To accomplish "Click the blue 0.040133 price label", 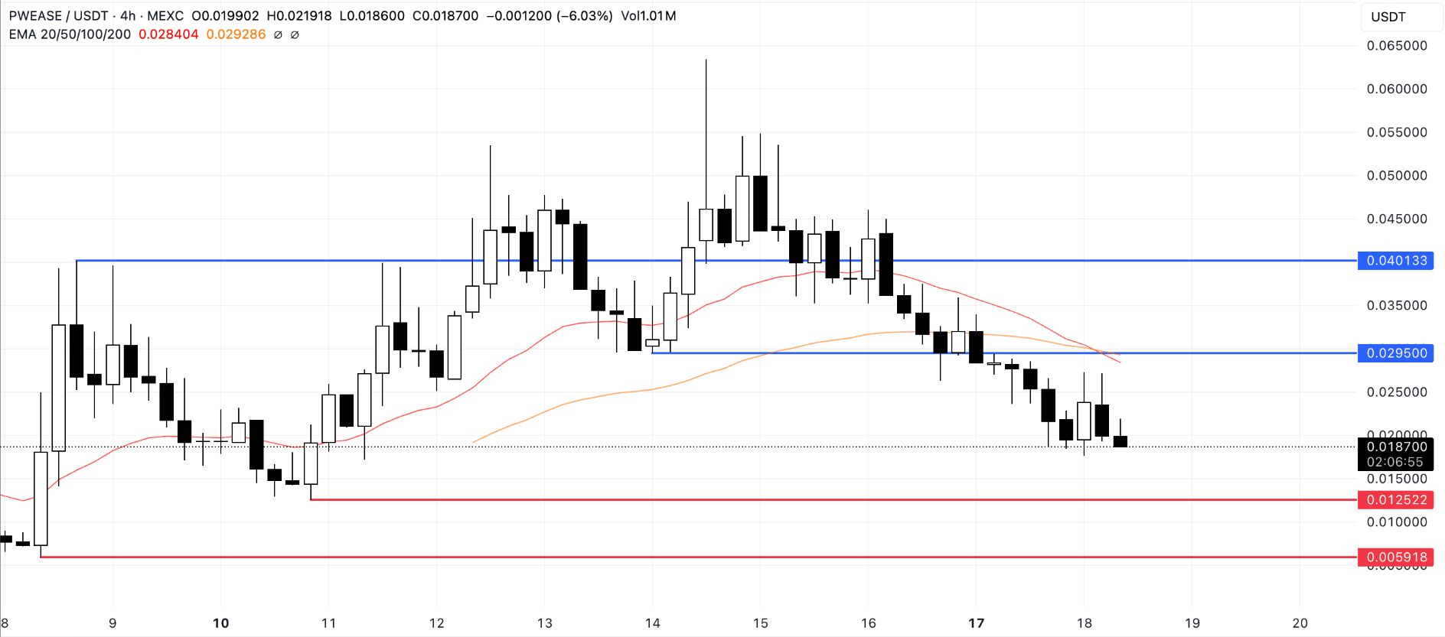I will coord(1396,261).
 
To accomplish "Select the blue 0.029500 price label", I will coord(1396,353).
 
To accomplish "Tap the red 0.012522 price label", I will coord(1396,500).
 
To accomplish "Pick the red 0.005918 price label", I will coord(1396,557).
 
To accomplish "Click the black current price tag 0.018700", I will coord(1396,447).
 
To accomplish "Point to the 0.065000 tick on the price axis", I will coord(1396,46).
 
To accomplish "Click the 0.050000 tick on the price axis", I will coord(1396,176).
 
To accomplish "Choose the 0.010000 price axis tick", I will coord(1396,522).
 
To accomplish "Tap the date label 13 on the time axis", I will coord(544,623).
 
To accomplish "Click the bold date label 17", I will coord(976,623).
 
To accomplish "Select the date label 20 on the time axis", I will coord(1300,623).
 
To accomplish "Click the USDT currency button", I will coord(1388,17).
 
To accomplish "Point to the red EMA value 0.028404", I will coord(168,34).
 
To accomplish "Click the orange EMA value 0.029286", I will coord(236,34).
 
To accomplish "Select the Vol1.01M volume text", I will coord(648,16).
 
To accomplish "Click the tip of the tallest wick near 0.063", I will coord(706,60).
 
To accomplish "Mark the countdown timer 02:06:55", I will coord(1394,462).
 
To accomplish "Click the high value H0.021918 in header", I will coord(299,16).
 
